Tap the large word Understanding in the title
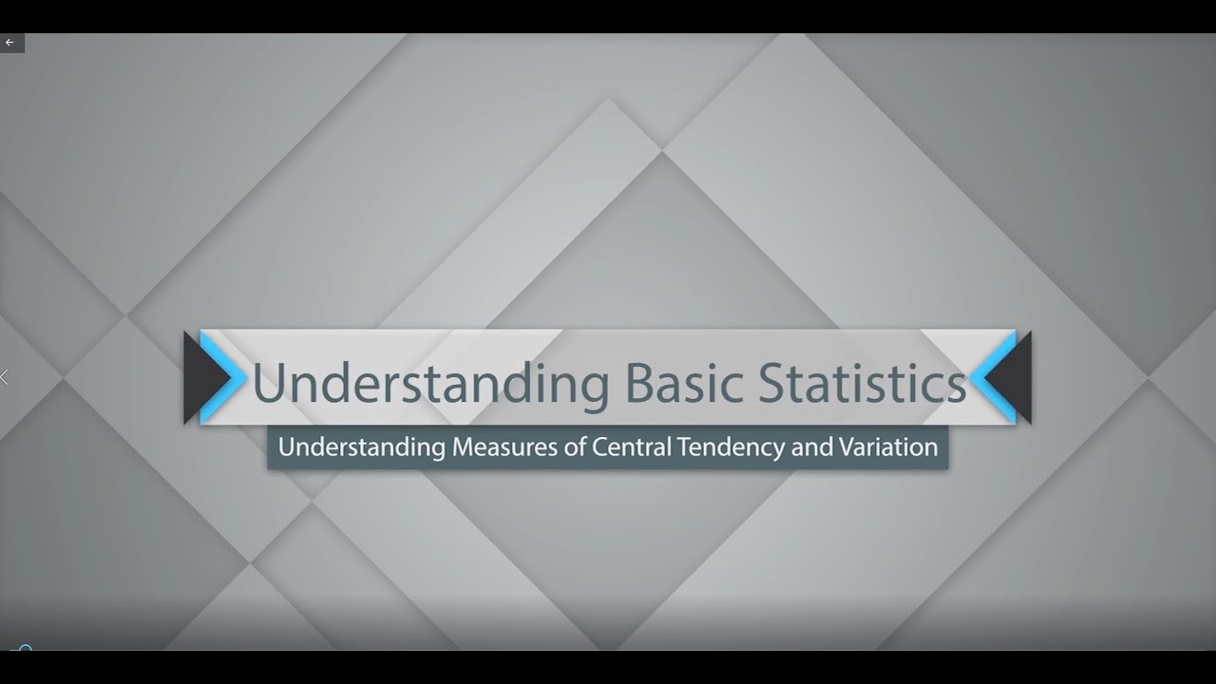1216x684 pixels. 429,384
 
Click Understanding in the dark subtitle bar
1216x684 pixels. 361,446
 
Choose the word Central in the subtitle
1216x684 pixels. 631,446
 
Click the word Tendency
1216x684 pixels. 731,446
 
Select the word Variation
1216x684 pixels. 888,446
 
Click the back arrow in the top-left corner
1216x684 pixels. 10,43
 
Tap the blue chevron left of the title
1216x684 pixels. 219,377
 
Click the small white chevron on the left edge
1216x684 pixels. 5,377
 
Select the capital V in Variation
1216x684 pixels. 846,446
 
